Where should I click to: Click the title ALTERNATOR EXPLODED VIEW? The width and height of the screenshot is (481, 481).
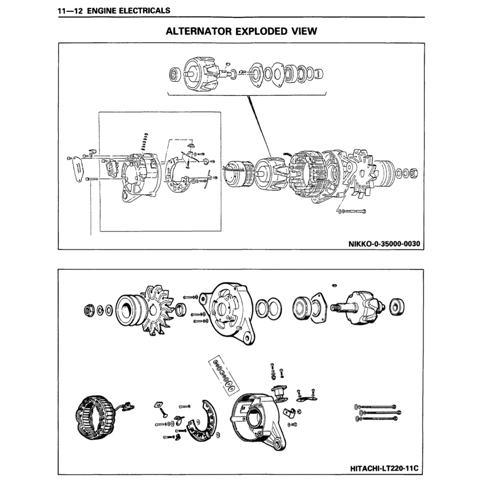point(241,31)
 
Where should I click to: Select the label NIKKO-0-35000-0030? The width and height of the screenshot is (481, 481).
point(383,244)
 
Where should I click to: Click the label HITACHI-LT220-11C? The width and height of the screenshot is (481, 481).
point(384,468)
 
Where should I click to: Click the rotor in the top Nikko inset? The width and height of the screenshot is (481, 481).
point(200,73)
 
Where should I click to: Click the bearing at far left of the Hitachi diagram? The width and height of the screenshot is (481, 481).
point(89,310)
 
